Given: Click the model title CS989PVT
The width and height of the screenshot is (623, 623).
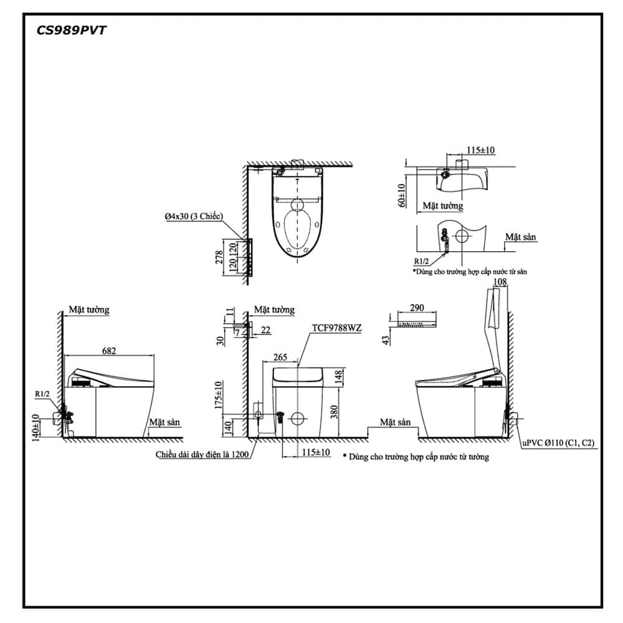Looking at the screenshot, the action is coord(71,31).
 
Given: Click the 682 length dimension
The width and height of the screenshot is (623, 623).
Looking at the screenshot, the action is coord(109,350).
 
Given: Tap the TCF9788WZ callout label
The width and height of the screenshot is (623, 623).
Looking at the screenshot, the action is coord(336,328).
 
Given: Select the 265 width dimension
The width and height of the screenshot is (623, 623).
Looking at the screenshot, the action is coord(280,357).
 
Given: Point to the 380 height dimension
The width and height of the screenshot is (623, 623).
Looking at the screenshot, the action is coord(334,412).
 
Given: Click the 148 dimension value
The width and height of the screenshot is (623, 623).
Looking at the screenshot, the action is coord(338,376).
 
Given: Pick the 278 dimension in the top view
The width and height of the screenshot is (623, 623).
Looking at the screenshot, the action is coord(219,257).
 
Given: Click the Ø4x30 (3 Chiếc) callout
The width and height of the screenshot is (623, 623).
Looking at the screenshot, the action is coord(194,217).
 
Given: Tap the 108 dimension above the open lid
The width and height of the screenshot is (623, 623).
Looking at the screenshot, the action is coord(500,282).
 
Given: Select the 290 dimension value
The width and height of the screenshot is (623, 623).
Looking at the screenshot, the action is coord(417,308).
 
